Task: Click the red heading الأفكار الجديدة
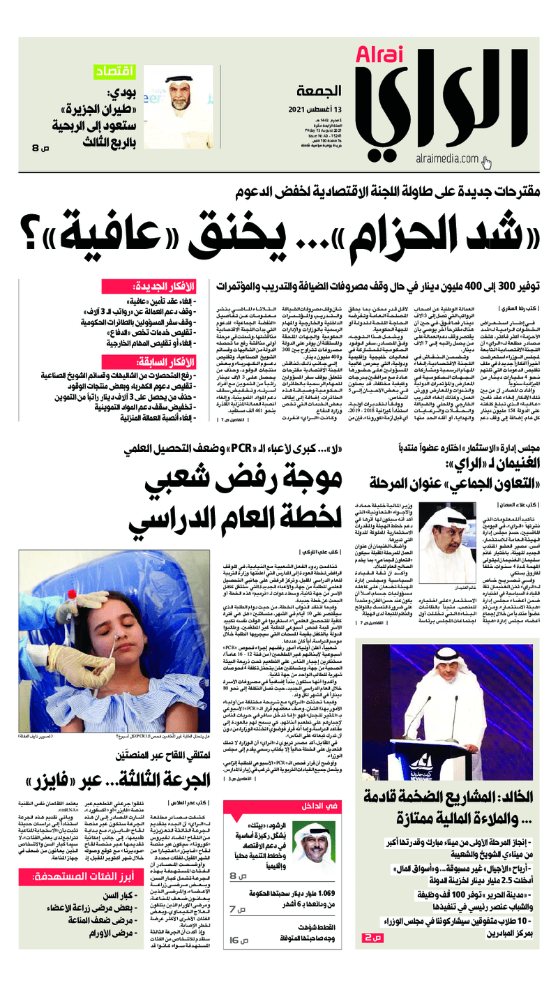click(170, 287)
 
